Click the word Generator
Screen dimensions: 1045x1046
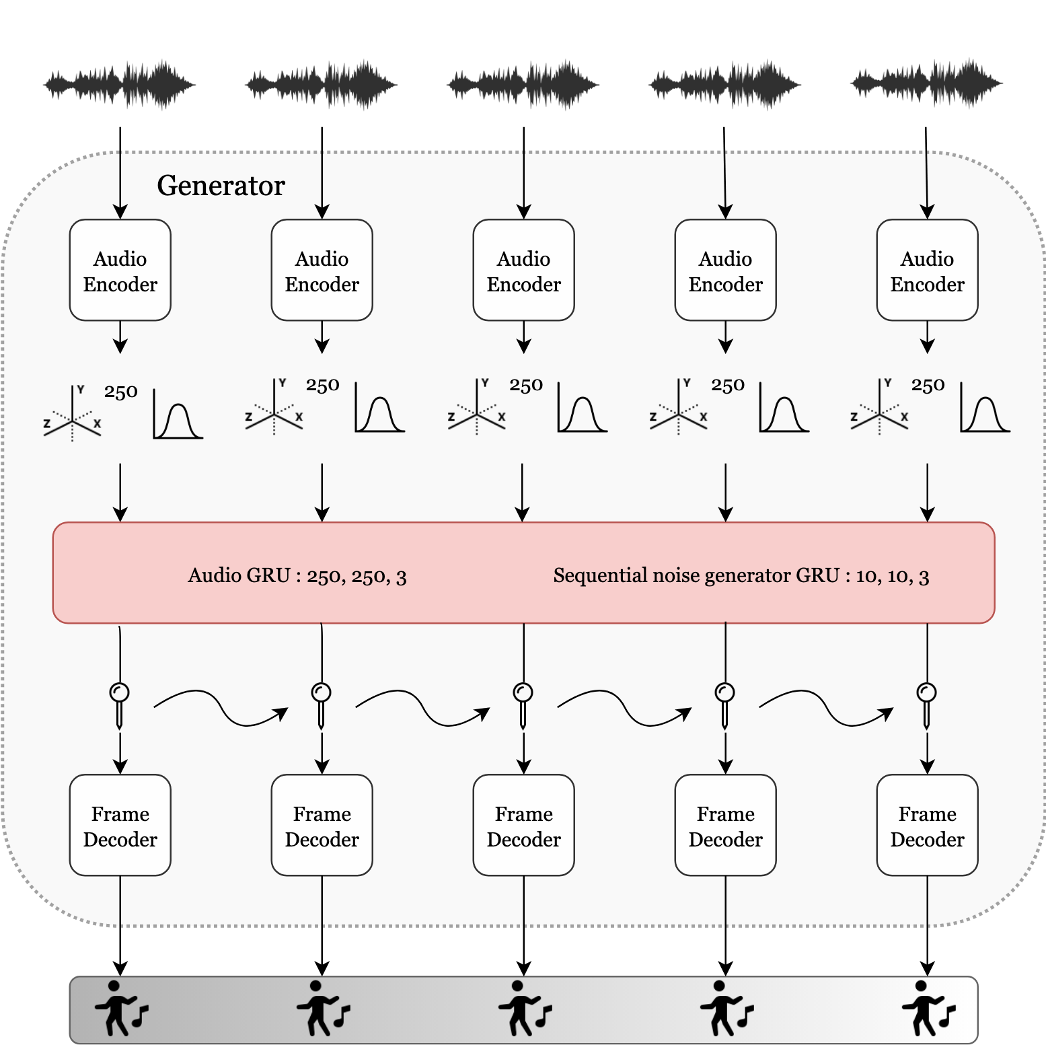click(221, 186)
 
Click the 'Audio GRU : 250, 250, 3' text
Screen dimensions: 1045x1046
click(297, 576)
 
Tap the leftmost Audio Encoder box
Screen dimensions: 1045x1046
click(120, 271)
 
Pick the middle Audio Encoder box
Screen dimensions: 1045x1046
click(524, 271)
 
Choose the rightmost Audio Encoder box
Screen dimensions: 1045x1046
click(927, 271)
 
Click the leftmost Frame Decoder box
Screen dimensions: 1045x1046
click(120, 826)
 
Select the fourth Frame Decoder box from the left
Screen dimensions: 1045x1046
click(725, 826)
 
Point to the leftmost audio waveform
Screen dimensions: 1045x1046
click(120, 85)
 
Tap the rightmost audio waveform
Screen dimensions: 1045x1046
click(926, 85)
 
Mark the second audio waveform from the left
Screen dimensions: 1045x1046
click(322, 85)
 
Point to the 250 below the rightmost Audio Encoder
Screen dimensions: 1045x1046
click(928, 386)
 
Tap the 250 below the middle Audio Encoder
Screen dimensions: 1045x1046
click(525, 386)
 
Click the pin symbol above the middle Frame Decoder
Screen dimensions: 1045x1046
click(523, 703)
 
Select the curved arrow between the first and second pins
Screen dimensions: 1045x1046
click(221, 709)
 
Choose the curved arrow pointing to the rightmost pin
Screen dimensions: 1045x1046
click(826, 709)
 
